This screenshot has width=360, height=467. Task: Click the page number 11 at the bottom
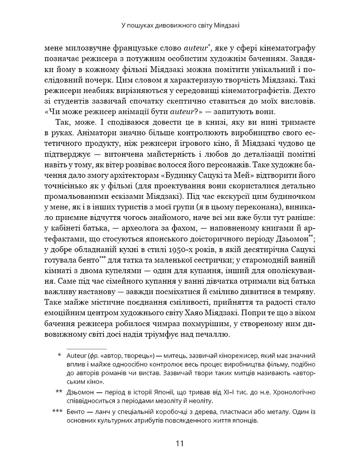pyautogui.click(x=180, y=443)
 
